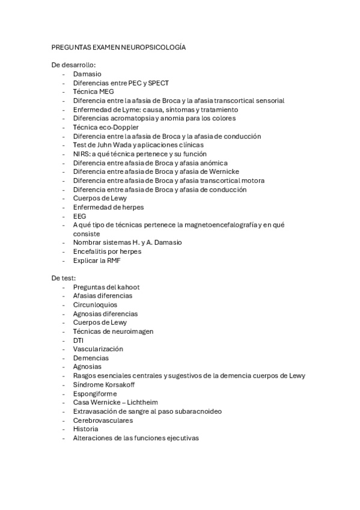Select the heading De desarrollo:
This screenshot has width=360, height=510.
(74, 64)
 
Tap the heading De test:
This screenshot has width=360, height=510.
(64, 278)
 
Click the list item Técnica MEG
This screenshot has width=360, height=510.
(93, 91)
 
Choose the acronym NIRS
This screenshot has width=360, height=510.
(81, 154)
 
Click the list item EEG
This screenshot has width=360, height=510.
(79, 216)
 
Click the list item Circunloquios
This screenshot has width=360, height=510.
(95, 305)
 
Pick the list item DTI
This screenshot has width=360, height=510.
(78, 340)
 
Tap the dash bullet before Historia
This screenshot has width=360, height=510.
(64, 429)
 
